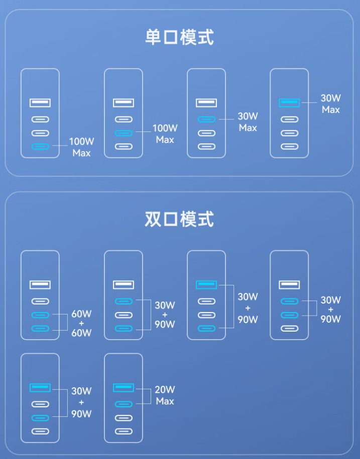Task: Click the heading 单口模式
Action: (179, 38)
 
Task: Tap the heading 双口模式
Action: (179, 219)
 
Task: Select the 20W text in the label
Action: (165, 390)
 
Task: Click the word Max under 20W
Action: (165, 401)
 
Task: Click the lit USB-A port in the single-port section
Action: (289, 103)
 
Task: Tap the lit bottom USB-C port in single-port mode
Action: (40, 146)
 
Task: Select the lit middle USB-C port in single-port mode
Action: (123, 133)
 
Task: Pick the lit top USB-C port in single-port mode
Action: (206, 119)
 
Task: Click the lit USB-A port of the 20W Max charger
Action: (123, 387)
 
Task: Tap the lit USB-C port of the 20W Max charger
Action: (123, 404)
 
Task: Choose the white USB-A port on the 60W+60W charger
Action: (40, 285)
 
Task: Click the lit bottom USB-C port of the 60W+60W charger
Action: (40, 329)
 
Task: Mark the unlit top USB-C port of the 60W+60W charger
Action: (40, 301)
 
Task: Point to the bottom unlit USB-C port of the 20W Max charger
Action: (123, 431)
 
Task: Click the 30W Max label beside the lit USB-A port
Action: (331, 104)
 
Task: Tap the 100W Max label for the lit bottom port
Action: (81, 147)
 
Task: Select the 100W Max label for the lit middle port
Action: (165, 134)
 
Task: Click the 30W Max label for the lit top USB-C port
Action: (248, 122)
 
